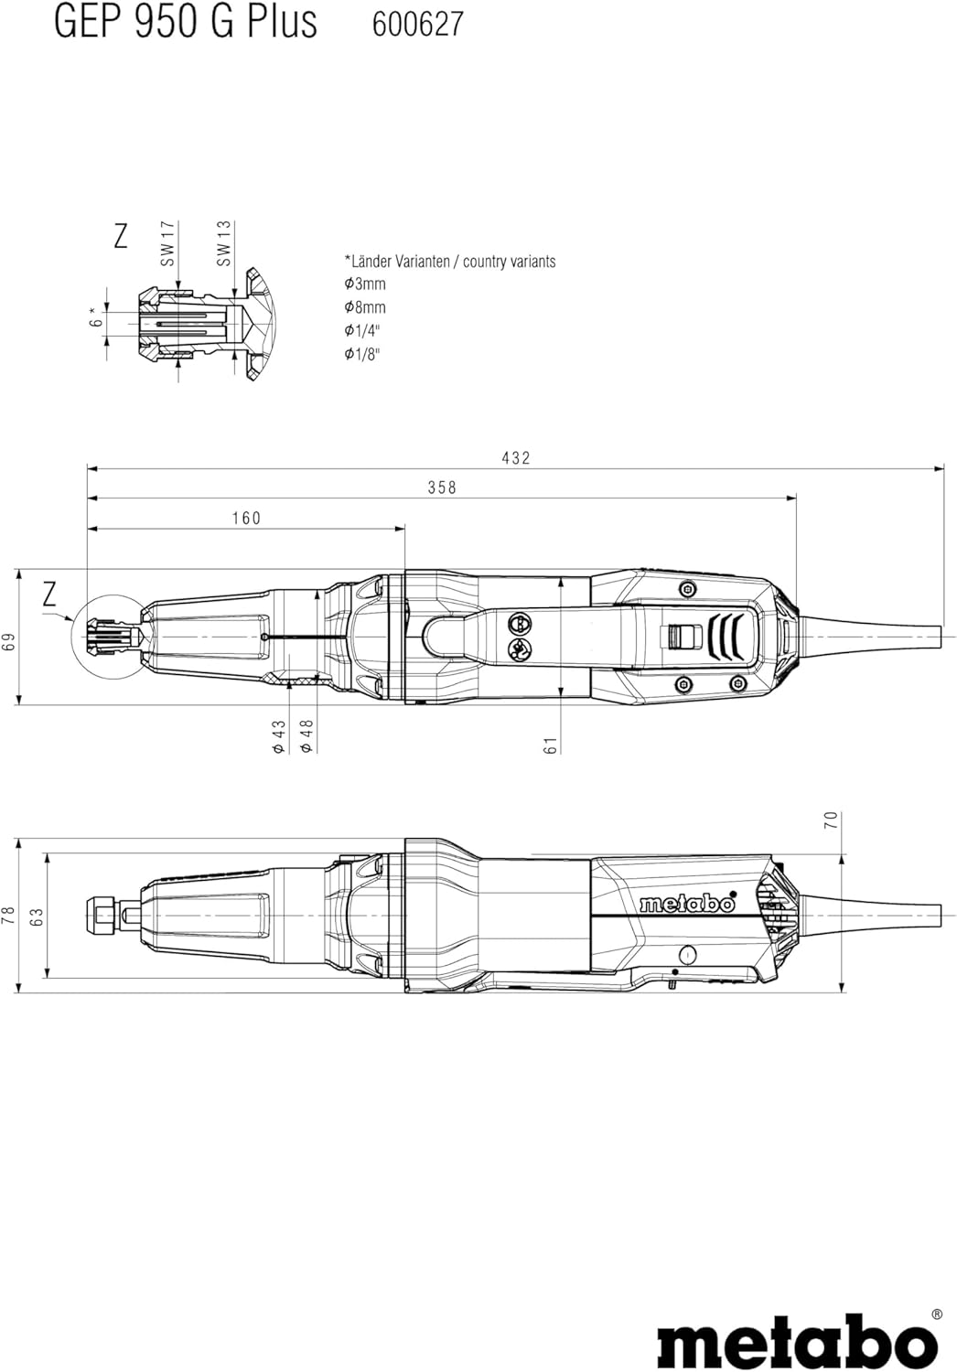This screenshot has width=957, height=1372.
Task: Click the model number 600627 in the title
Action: coord(418,25)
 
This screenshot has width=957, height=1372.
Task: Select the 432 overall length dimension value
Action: coord(516,458)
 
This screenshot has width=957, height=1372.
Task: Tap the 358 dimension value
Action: coord(442,488)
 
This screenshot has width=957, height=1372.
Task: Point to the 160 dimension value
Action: coord(246,519)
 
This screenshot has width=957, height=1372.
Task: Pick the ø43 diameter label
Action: coord(279,736)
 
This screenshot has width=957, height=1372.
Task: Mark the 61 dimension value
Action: coord(551,745)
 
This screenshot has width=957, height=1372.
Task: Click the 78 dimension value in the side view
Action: coord(8,916)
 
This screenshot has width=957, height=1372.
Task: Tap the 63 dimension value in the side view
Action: coord(38,916)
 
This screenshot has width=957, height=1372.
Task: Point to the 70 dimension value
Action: coord(831,820)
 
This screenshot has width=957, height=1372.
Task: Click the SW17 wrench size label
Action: coord(167,244)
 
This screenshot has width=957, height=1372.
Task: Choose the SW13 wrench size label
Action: coord(224,244)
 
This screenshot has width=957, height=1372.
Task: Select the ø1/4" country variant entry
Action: coord(362,331)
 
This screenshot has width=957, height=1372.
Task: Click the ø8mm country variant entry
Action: coord(365,307)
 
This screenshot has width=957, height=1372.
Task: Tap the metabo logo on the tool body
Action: coord(687,904)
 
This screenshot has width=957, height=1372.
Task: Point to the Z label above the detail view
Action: coord(121,236)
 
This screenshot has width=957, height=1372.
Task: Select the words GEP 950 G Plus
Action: coord(186,22)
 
